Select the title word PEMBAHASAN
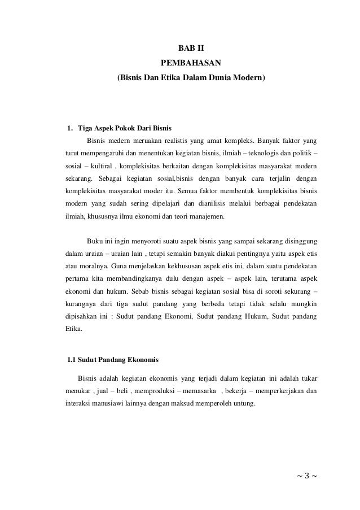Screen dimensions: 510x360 point(191,62)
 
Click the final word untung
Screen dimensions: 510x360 point(241,403)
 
